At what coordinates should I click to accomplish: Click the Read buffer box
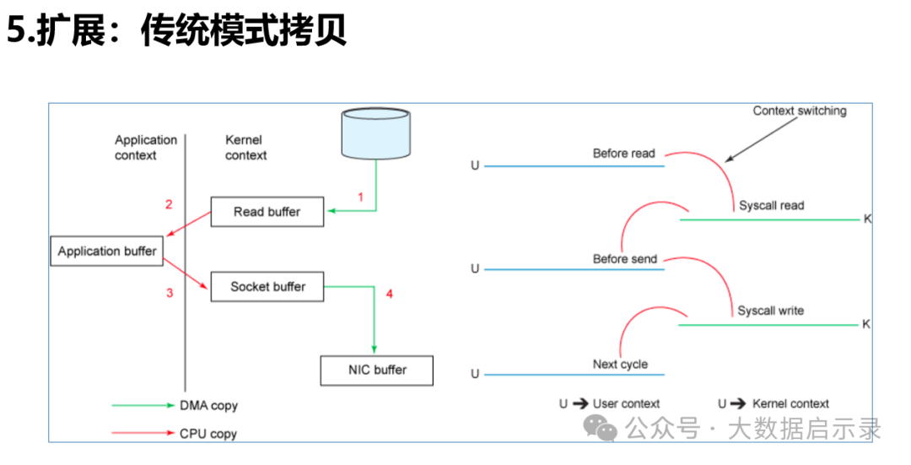pyautogui.click(x=267, y=212)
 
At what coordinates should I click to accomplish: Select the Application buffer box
pyautogui.click(x=107, y=251)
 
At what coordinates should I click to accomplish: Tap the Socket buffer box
pyautogui.click(x=267, y=287)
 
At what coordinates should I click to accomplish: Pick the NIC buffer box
pyautogui.click(x=377, y=370)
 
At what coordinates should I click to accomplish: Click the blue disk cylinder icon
pyautogui.click(x=376, y=133)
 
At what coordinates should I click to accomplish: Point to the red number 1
pyautogui.click(x=360, y=197)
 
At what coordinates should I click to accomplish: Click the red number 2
pyautogui.click(x=169, y=204)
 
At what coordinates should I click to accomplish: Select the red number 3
pyautogui.click(x=170, y=292)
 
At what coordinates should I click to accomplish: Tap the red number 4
pyautogui.click(x=389, y=294)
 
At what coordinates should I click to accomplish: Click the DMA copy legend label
pyautogui.click(x=208, y=406)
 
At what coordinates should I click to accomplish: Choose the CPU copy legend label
pyautogui.click(x=208, y=434)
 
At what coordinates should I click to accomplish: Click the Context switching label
pyautogui.click(x=800, y=111)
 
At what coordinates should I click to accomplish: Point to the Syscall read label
pyautogui.click(x=772, y=205)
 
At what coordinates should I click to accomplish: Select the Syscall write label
pyautogui.click(x=771, y=311)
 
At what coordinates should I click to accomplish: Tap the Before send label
pyautogui.click(x=624, y=258)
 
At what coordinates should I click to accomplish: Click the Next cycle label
pyautogui.click(x=620, y=365)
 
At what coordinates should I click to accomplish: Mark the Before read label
pyautogui.click(x=623, y=154)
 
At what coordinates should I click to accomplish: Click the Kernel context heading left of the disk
pyautogui.click(x=245, y=148)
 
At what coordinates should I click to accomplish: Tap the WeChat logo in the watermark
pyautogui.click(x=601, y=429)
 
